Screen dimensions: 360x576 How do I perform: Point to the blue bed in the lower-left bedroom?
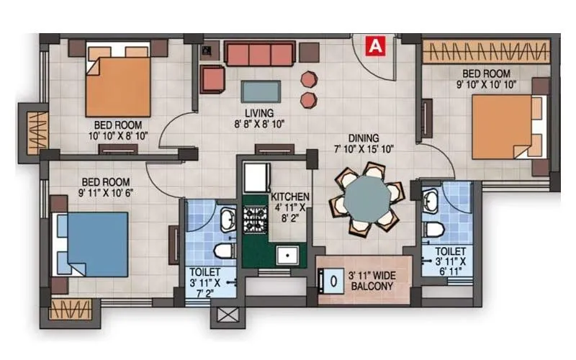coord(94,243)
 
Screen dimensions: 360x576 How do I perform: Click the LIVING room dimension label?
coord(258,118)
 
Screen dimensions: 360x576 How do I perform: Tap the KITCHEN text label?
coord(290,197)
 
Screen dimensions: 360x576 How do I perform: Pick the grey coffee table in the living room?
coord(261,91)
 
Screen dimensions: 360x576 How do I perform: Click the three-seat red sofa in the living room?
coord(259,53)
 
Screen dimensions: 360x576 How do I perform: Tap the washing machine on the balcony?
coord(332,281)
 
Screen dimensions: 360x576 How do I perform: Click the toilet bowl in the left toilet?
coord(222,251)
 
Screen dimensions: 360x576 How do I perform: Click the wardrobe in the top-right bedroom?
coord(485,52)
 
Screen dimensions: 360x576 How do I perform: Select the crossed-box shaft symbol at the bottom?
coord(223,315)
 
